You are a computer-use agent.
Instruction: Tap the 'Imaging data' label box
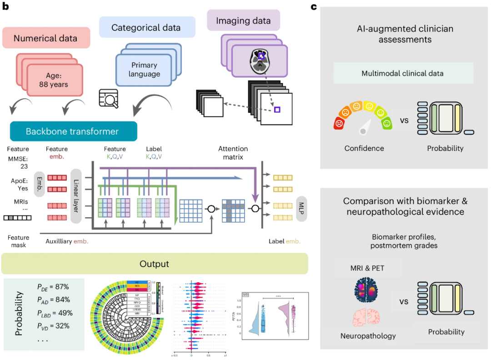(x=243, y=20)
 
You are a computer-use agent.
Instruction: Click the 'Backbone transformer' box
(x=73, y=131)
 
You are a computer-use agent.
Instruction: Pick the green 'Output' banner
(x=155, y=264)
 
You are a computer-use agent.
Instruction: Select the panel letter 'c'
(x=314, y=6)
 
